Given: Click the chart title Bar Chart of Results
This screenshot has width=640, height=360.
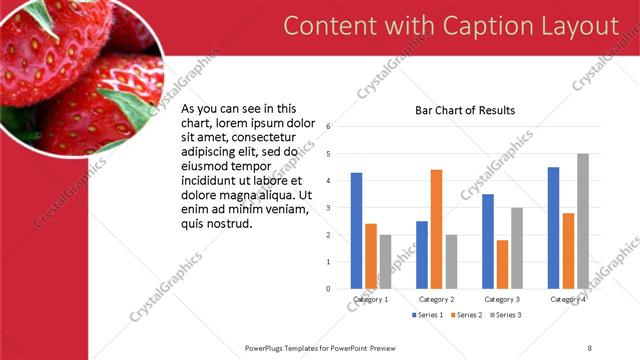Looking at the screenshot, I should [x=465, y=110].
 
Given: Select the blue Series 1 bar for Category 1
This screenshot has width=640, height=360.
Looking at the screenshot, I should [x=357, y=230].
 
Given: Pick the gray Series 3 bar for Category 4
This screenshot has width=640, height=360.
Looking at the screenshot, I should [x=583, y=221].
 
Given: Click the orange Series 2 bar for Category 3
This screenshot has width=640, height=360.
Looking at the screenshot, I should [x=502, y=264].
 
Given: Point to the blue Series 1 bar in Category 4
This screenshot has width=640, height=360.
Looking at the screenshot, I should [x=553, y=227].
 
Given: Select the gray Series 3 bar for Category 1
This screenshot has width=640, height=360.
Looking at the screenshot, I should [x=386, y=261].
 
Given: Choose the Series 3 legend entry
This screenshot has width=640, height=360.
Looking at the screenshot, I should [x=504, y=315].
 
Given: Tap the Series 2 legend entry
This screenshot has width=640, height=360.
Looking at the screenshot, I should [x=466, y=315].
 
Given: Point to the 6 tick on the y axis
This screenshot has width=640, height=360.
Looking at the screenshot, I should [x=328, y=127].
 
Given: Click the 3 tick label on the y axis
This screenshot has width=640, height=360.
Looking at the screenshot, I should [x=328, y=208].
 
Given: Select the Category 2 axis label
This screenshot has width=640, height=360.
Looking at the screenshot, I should [x=436, y=299].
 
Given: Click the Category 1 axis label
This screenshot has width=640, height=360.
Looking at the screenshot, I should [x=371, y=299].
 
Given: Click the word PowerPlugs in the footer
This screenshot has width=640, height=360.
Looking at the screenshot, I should [x=266, y=347].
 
